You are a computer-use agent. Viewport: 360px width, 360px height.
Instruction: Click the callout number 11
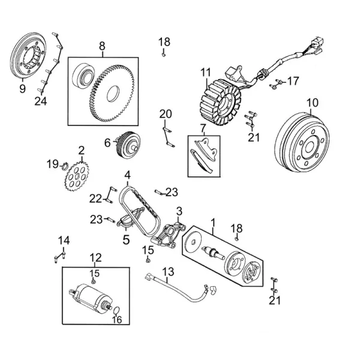coord(206,73)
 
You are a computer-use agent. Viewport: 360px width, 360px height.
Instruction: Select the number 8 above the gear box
coord(102,46)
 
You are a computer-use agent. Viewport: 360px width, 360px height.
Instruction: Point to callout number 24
coord(40,101)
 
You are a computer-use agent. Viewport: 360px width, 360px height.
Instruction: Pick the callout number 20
coord(165,114)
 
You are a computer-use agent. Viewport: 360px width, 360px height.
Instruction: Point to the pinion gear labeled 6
coord(128,144)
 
